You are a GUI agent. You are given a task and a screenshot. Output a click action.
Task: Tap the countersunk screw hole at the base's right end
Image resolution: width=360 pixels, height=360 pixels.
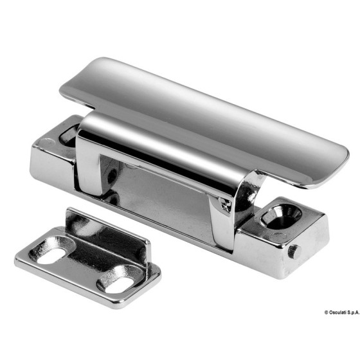click(x=281, y=215)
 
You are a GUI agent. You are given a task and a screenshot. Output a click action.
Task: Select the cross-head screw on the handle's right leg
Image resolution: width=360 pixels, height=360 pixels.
click(x=225, y=203)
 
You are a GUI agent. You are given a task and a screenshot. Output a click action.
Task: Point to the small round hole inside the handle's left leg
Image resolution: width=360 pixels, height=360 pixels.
click(x=112, y=175)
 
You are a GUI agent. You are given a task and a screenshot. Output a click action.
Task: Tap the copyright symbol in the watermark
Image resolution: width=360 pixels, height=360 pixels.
click(x=327, y=312)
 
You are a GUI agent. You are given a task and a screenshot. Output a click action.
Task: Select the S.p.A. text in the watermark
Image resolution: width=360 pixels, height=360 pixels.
click(x=353, y=312)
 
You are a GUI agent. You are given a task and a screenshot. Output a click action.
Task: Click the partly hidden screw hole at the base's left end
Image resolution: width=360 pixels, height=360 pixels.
click(x=67, y=136)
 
